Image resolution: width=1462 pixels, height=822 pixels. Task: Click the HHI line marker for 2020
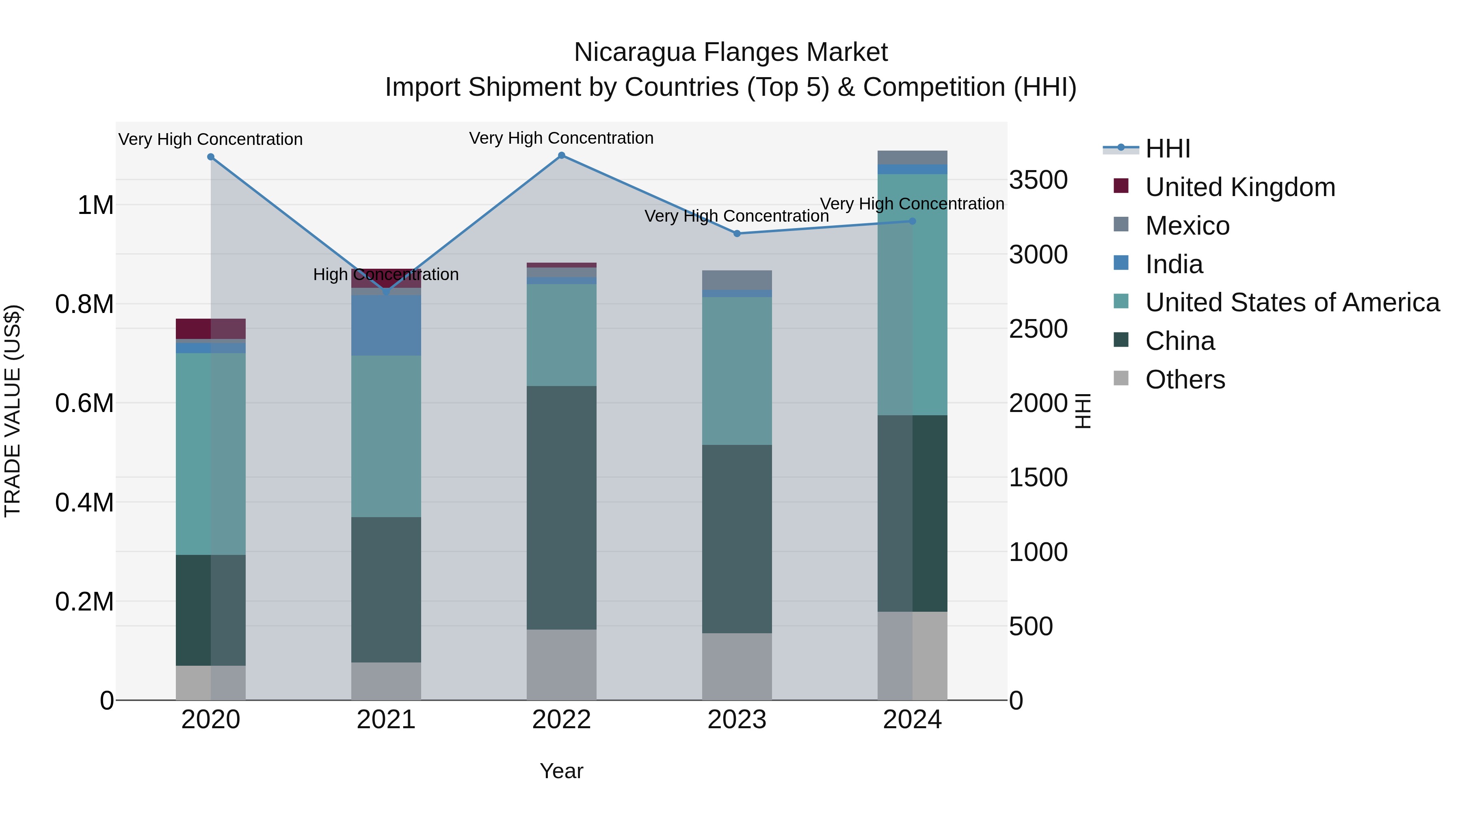(x=210, y=157)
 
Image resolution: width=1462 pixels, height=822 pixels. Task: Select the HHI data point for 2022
(x=561, y=155)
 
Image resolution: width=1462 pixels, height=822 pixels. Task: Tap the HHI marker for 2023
(x=737, y=233)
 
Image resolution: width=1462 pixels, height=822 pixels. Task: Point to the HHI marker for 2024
(x=912, y=221)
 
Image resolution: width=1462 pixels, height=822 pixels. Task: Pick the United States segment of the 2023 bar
(x=737, y=371)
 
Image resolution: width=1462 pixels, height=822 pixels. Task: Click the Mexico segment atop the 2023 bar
(x=737, y=280)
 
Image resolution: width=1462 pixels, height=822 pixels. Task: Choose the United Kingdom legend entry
(x=1240, y=187)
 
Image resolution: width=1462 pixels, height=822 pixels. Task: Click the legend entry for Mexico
(x=1187, y=226)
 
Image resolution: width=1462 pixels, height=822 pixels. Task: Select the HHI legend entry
(x=1168, y=149)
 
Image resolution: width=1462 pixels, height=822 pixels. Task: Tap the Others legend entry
(x=1185, y=380)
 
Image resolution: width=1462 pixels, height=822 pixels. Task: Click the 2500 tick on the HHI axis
(x=1038, y=329)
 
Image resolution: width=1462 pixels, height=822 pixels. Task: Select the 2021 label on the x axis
(x=386, y=720)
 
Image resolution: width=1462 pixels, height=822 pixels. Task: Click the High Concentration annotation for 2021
(x=386, y=274)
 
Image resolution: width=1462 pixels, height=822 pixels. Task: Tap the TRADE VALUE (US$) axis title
(x=13, y=411)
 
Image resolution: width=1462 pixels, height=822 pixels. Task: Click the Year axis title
(x=561, y=771)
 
